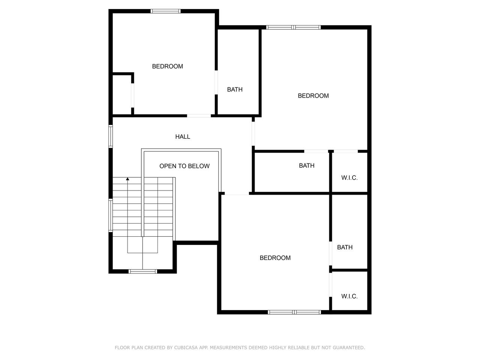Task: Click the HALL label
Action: click(x=183, y=137)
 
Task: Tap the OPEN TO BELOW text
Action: click(x=184, y=166)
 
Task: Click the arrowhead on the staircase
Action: click(x=127, y=179)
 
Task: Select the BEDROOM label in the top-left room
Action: click(x=168, y=66)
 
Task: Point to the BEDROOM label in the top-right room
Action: click(x=313, y=96)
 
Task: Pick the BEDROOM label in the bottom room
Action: click(x=275, y=258)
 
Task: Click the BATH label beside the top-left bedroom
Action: click(x=235, y=89)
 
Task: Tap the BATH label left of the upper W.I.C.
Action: click(x=307, y=166)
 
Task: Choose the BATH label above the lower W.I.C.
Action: click(x=345, y=247)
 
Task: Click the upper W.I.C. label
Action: click(x=349, y=178)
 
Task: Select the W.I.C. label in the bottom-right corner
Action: click(x=349, y=296)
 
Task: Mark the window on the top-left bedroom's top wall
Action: click(x=165, y=11)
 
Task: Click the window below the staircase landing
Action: click(x=142, y=271)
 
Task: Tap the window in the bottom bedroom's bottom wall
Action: click(x=294, y=312)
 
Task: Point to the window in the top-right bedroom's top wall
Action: click(x=293, y=27)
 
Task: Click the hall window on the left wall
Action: click(x=111, y=136)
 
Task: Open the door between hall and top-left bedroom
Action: click(x=199, y=115)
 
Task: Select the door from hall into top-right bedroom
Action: click(x=253, y=133)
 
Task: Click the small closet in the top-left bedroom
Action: click(x=121, y=94)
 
